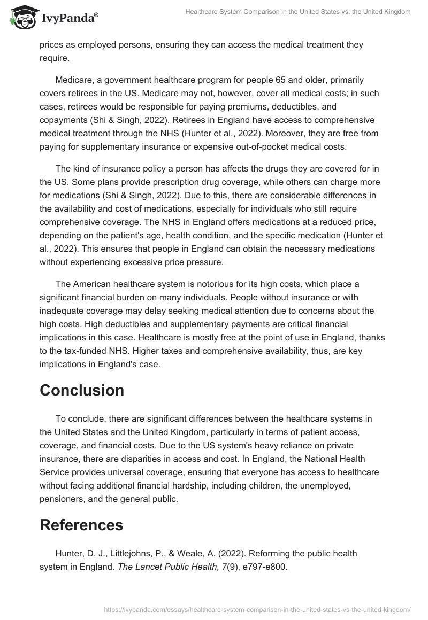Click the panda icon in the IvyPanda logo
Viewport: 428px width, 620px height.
click(21, 18)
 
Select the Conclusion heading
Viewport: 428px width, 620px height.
click(82, 390)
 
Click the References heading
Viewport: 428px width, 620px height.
click(81, 525)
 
